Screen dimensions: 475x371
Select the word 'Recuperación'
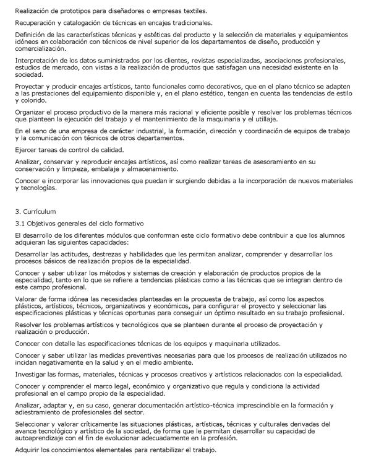[36, 23]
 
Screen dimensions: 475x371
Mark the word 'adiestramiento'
[40, 412]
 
